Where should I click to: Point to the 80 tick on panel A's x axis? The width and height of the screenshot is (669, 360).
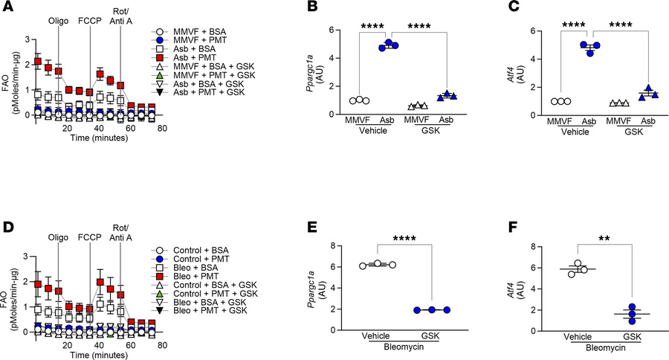coord(162,127)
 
